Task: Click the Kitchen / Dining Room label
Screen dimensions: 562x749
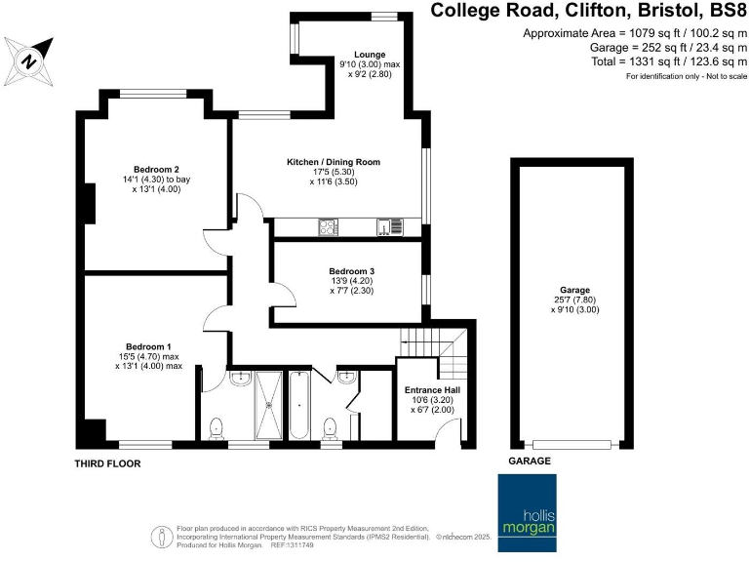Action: pyautogui.click(x=333, y=161)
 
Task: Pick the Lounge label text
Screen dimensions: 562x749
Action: pyautogui.click(x=370, y=54)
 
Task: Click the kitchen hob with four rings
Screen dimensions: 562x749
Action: pyautogui.click(x=328, y=227)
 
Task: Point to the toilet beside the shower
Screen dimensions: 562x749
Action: pyautogui.click(x=217, y=427)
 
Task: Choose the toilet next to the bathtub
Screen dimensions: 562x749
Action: pyautogui.click(x=331, y=426)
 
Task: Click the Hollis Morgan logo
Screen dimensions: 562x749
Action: pyautogui.click(x=527, y=506)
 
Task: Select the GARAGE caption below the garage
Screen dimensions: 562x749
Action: pyautogui.click(x=530, y=461)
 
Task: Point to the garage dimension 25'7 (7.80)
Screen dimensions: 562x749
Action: pyautogui.click(x=574, y=301)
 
